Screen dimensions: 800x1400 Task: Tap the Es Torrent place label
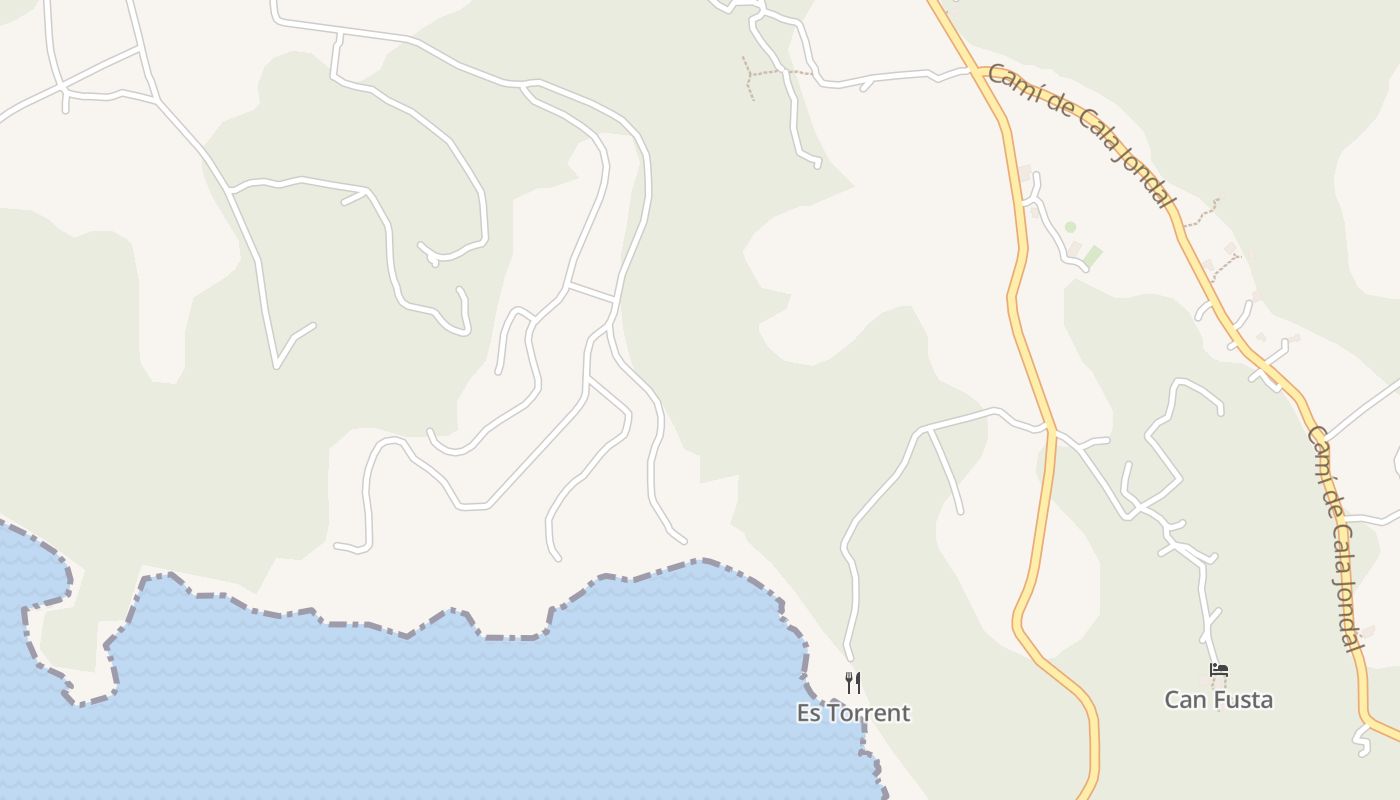click(853, 713)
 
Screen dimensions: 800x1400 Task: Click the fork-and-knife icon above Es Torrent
click(853, 683)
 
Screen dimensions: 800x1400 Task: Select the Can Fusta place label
click(1218, 700)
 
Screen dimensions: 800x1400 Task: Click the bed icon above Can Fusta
click(1218, 670)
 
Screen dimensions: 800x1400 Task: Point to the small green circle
click(1070, 228)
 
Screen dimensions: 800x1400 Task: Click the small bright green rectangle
click(1093, 255)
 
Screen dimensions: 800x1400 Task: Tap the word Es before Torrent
click(808, 713)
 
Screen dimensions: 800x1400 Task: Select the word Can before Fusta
click(1184, 700)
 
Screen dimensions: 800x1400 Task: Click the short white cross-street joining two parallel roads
click(591, 292)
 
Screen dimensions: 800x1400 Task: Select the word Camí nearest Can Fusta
click(1319, 447)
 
